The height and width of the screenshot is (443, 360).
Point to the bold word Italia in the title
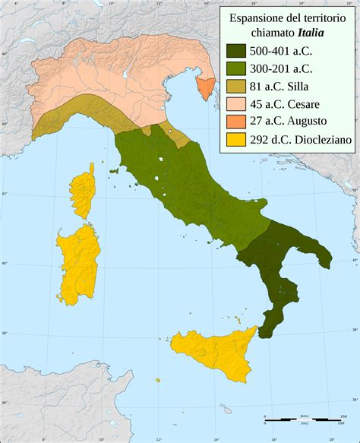319,33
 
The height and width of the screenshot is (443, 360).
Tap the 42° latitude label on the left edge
4,194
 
